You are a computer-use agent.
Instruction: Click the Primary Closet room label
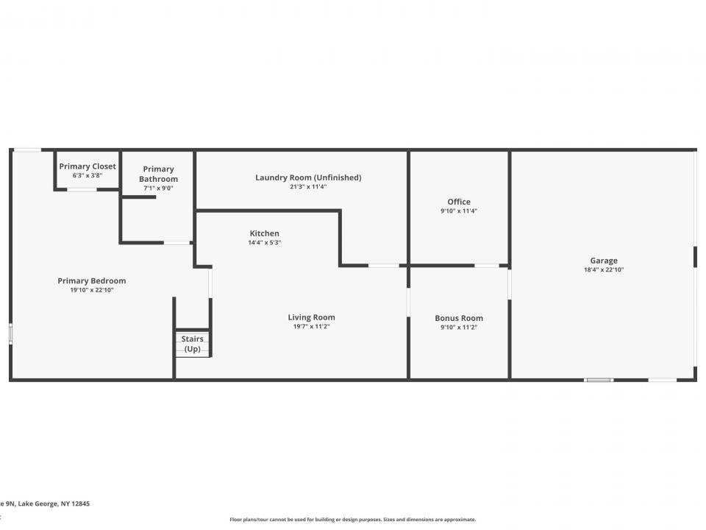pyautogui.click(x=88, y=166)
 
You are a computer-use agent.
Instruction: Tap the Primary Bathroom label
pyautogui.click(x=158, y=174)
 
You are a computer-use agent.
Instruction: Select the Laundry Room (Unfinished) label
pyautogui.click(x=308, y=177)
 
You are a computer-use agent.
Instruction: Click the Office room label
pyautogui.click(x=459, y=202)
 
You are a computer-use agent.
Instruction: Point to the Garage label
pyautogui.click(x=604, y=261)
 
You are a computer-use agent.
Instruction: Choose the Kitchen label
pyautogui.click(x=264, y=233)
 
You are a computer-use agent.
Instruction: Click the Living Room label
pyautogui.click(x=311, y=317)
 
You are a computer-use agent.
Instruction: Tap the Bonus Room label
pyautogui.click(x=459, y=319)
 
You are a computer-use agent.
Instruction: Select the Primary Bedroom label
pyautogui.click(x=92, y=280)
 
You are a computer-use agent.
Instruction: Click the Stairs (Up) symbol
pyautogui.click(x=193, y=344)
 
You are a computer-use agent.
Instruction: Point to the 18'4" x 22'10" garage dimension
pyautogui.click(x=604, y=270)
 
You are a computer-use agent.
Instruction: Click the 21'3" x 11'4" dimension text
pyautogui.click(x=308, y=187)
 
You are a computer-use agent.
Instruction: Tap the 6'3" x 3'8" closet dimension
pyautogui.click(x=88, y=176)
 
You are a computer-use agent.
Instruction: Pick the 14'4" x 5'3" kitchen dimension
pyautogui.click(x=265, y=243)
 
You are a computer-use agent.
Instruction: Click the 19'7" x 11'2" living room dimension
pyautogui.click(x=311, y=327)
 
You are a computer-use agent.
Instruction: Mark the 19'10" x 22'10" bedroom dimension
pyautogui.click(x=92, y=290)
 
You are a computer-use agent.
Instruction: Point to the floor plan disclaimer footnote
pyautogui.click(x=353, y=519)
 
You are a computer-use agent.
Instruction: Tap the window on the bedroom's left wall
pyautogui.click(x=10, y=334)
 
